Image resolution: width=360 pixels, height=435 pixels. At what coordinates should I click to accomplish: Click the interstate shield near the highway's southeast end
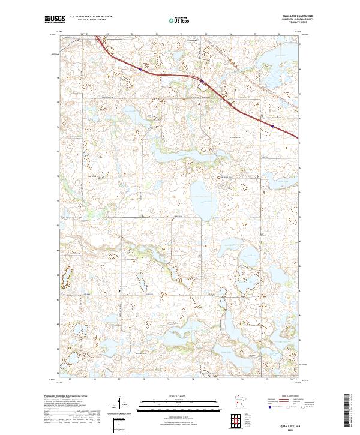pos(272,127)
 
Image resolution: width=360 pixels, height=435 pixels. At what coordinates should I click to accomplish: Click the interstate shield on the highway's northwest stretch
pos(140,69)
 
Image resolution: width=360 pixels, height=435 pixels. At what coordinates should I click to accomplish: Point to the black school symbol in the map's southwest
pos(121,292)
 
